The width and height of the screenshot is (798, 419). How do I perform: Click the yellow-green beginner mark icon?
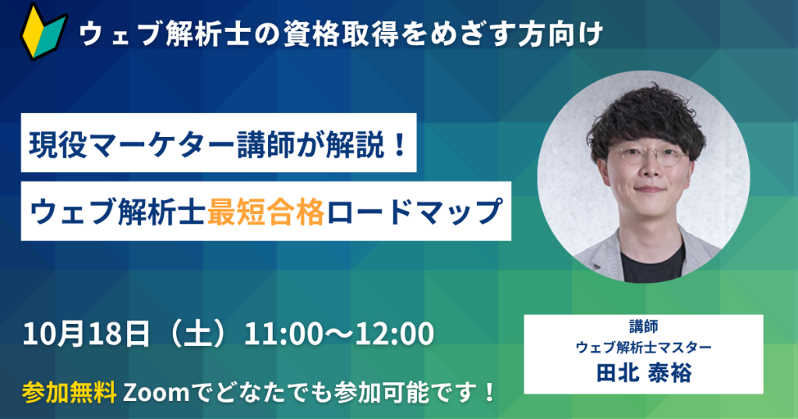pyautogui.click(x=43, y=31)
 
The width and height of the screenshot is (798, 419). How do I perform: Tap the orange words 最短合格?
pyautogui.click(x=267, y=212)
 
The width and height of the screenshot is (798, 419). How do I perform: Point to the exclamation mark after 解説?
pyautogui.click(x=400, y=144)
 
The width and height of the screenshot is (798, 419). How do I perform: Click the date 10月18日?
pyautogui.click(x=87, y=333)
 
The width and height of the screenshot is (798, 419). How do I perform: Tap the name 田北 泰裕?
pyautogui.click(x=644, y=373)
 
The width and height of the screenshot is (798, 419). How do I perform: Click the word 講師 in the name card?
pyautogui.click(x=643, y=326)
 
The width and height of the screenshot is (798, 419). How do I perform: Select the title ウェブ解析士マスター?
pyautogui.click(x=643, y=347)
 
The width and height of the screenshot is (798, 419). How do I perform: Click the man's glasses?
pyautogui.click(x=645, y=156)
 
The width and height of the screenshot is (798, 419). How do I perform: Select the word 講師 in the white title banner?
pyautogui.click(x=267, y=144)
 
